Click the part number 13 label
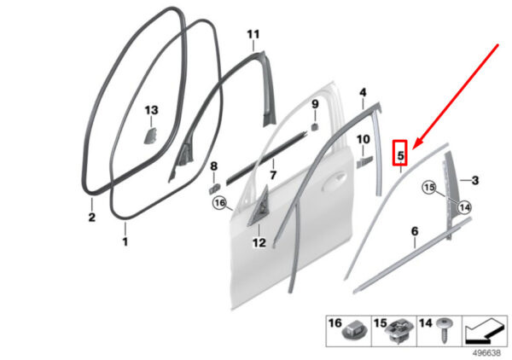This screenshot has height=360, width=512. pyautogui.click(x=152, y=110)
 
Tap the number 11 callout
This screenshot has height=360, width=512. pyautogui.click(x=253, y=34)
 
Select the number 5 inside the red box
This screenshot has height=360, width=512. pyautogui.click(x=401, y=155)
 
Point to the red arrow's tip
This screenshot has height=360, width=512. pyautogui.click(x=413, y=148)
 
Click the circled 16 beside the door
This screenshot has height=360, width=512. pyautogui.click(x=220, y=203)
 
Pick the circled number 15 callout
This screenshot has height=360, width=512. pyautogui.click(x=429, y=188)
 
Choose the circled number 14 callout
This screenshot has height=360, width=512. pyautogui.click(x=464, y=207)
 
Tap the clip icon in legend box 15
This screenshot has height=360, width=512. pyautogui.click(x=399, y=330)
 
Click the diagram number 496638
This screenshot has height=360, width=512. pyautogui.click(x=486, y=353)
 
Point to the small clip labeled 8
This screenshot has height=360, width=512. pyautogui.click(x=214, y=189)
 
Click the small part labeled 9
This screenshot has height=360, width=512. pyautogui.click(x=314, y=126)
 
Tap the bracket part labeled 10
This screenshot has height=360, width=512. pyautogui.click(x=364, y=162)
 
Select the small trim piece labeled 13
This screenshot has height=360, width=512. pyautogui.click(x=150, y=136)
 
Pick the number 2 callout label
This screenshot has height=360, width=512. pyautogui.click(x=92, y=217)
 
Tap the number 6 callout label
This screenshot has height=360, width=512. pyautogui.click(x=415, y=231)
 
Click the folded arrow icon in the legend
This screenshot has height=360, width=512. pyautogui.click(x=485, y=331)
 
